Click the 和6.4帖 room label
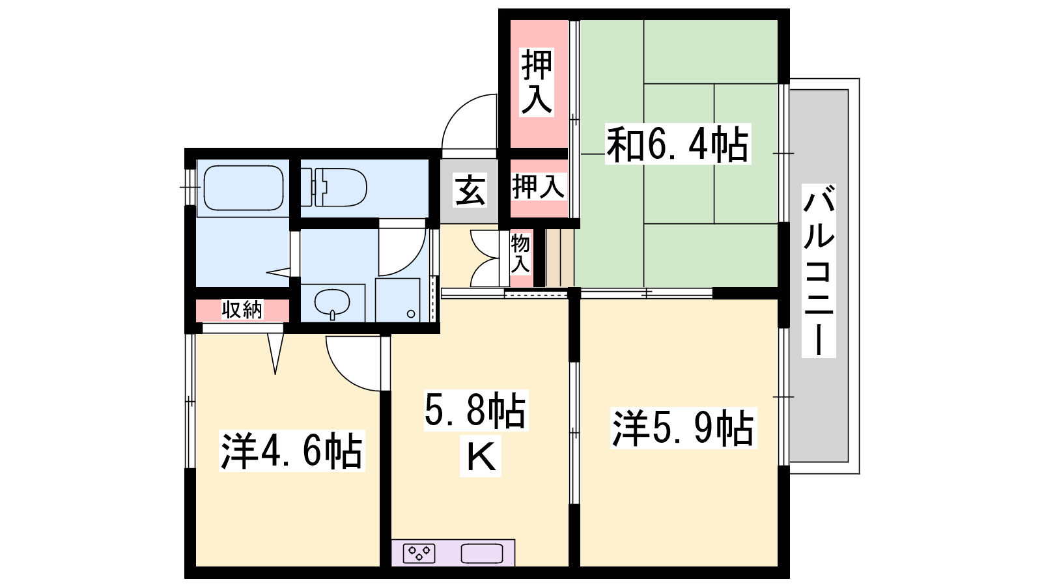tap(678, 144)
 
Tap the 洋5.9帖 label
tap(683, 428)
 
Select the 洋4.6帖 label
tap(292, 452)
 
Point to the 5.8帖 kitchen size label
tap(475, 410)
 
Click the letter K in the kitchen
tap(481, 456)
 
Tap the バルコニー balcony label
tap(819, 271)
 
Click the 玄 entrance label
tap(470, 190)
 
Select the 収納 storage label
tap(242, 309)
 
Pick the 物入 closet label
tap(520, 254)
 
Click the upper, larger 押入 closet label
tap(537, 82)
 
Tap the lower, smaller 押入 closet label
tap(538, 186)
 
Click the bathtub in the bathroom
tap(244, 188)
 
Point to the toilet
tap(334, 188)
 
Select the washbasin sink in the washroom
tap(332, 303)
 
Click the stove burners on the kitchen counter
tap(419, 553)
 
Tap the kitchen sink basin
tap(482, 553)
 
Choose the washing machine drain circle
tap(411, 314)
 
